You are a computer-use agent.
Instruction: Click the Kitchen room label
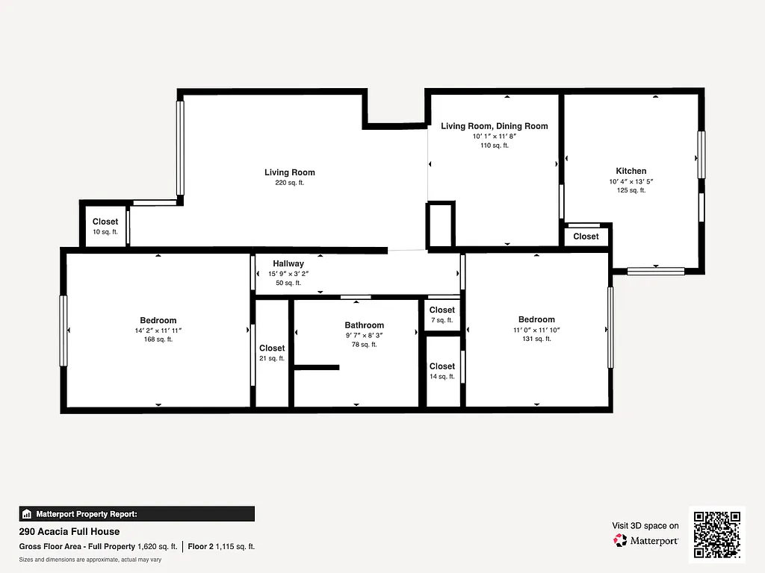pos(631,171)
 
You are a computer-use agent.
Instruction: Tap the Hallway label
pos(288,263)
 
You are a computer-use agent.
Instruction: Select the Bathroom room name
pos(364,325)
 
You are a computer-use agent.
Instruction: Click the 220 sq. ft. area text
pos(290,183)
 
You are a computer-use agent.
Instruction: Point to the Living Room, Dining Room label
pos(494,126)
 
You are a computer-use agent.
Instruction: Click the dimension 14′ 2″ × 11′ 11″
pos(158,331)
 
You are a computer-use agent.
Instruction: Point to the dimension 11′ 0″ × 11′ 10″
pos(536,330)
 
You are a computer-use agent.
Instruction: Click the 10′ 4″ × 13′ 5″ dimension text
pos(631,181)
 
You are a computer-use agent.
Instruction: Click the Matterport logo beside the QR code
pos(645,540)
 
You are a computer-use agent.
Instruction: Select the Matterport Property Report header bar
pos(137,514)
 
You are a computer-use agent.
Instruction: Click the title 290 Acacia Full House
pos(69,532)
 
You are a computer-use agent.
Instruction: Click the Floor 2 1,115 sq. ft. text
pos(221,546)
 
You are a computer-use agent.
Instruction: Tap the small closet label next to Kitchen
pos(586,237)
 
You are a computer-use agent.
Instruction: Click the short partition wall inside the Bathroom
pos(317,367)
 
